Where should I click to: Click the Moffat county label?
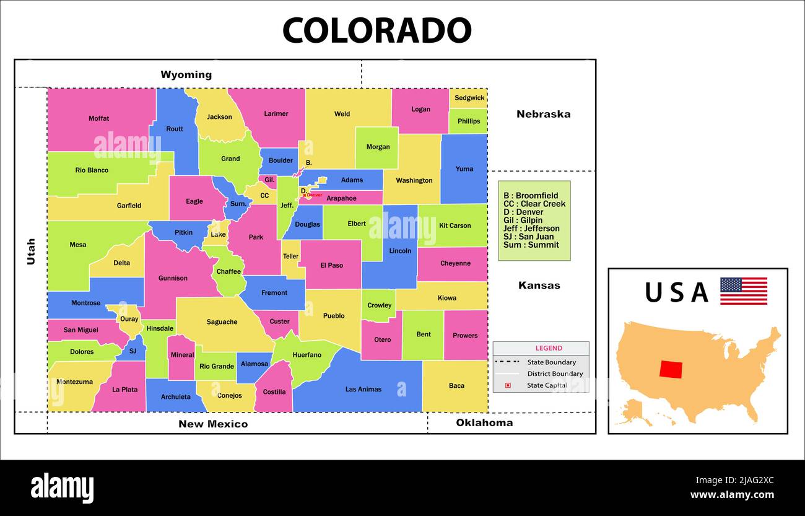point(98,118)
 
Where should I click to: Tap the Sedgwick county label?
point(469,98)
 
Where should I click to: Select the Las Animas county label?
point(363,390)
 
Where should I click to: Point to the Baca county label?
point(456,386)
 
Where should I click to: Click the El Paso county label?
point(331,266)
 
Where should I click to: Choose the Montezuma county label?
point(74,382)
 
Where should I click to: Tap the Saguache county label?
point(222,322)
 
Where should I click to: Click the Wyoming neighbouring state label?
point(186,75)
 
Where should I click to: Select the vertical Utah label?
point(31,251)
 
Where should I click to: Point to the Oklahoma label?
point(484,423)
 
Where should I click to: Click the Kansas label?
point(539,286)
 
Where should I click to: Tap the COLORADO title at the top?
point(376,30)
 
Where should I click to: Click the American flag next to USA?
point(743,291)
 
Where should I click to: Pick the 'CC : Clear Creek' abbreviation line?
point(534,204)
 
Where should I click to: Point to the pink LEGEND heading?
point(549,348)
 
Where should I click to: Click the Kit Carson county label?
point(455,225)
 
